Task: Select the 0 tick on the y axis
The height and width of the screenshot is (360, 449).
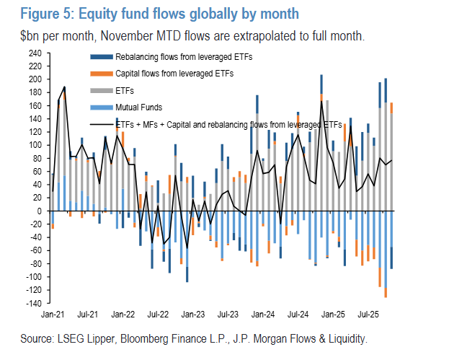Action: click(x=40, y=211)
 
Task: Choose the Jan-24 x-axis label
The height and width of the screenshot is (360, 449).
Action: click(x=263, y=315)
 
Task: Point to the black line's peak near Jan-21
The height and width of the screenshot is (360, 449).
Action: click(x=64, y=87)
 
